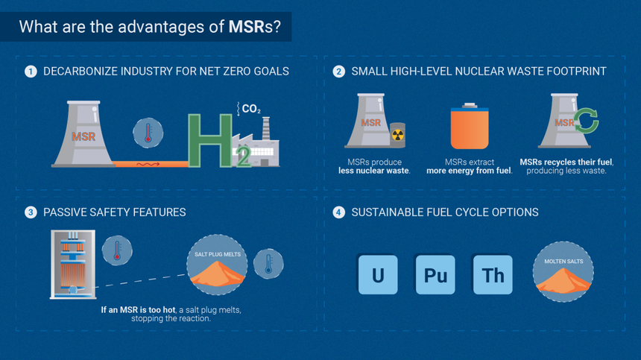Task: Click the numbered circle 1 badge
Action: (31, 72)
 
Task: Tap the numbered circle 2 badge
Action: (338, 72)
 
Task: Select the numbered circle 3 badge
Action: (31, 212)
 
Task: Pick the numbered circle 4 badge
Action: (338, 212)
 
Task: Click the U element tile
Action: (378, 275)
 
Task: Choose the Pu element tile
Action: (435, 275)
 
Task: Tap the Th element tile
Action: (493, 275)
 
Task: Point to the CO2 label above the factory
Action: (250, 110)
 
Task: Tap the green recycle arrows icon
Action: (585, 122)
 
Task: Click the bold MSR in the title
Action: (245, 28)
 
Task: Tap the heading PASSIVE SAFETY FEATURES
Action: (114, 212)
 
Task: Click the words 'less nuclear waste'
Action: (374, 171)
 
